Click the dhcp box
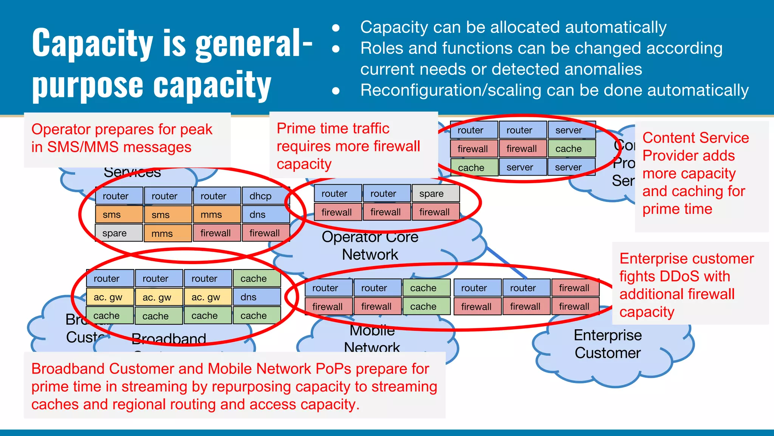pos(265,196)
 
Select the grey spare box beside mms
pos(119,233)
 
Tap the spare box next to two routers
pos(435,194)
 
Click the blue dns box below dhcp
pos(265,215)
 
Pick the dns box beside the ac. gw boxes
pos(257,297)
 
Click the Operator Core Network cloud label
pos(370,246)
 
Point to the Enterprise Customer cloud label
pos(607,344)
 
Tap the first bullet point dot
pos(336,28)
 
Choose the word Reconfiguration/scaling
pos(446,90)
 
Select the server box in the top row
pos(571,130)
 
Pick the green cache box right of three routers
pos(257,279)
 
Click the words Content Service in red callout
pos(695,138)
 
